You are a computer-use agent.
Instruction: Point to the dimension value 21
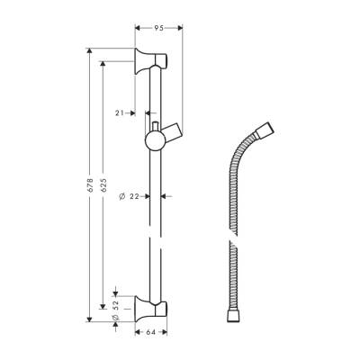pyautogui.click(x=121, y=112)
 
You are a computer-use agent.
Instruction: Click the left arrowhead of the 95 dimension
pyautogui.click(x=137, y=29)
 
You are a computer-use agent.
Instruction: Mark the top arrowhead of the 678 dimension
pyautogui.click(x=88, y=46)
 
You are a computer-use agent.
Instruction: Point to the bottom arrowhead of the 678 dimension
pyautogui.click(x=88, y=319)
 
